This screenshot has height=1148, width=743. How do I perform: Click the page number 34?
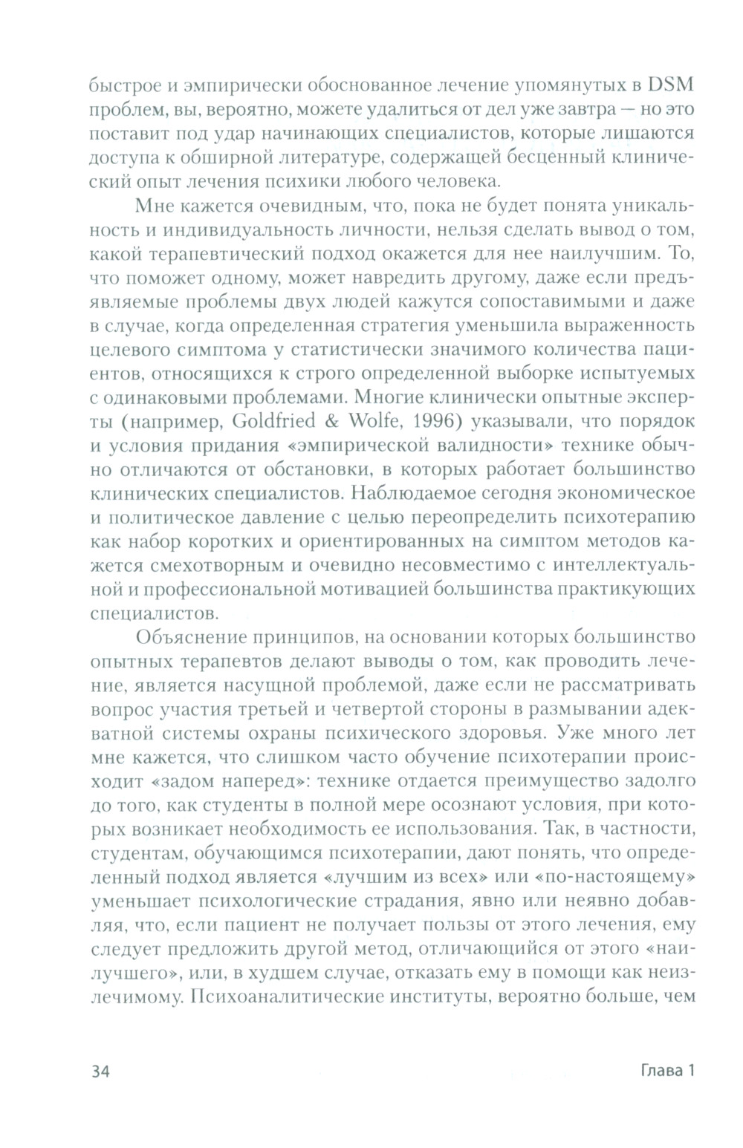[x=100, y=1071]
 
